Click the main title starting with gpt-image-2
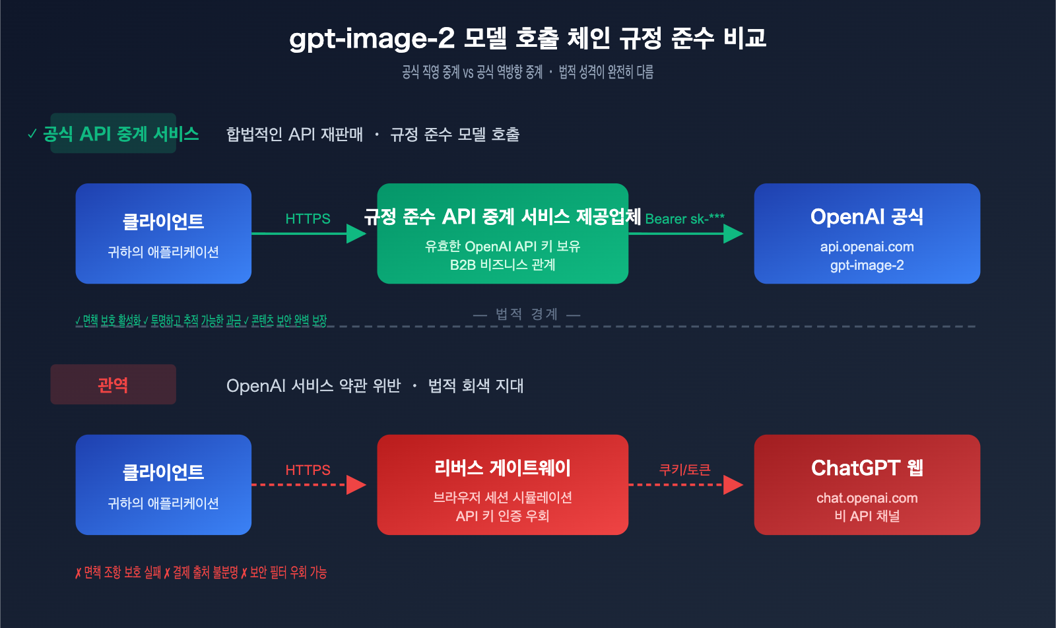tap(527, 38)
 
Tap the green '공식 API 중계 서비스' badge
tap(114, 134)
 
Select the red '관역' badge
tap(113, 385)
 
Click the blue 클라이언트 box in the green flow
tap(163, 234)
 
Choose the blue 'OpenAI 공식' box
tap(867, 234)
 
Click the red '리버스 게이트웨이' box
tap(502, 485)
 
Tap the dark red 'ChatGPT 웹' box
tap(867, 485)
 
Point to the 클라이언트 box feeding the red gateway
tap(163, 485)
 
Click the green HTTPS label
tap(308, 219)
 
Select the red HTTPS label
tap(308, 470)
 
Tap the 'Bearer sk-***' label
tap(684, 219)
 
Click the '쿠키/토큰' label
tap(684, 470)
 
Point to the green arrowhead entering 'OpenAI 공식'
tap(733, 234)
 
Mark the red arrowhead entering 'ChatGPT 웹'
tap(733, 485)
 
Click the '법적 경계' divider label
tap(526, 314)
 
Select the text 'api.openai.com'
tap(867, 247)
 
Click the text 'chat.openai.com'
tap(867, 498)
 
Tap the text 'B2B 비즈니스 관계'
tap(502, 265)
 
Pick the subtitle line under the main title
tap(527, 72)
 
